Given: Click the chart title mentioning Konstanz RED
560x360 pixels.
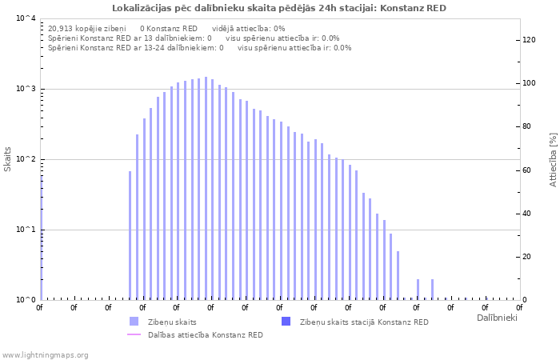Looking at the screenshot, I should tap(279, 8).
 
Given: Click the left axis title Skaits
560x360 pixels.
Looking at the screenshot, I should tap(8, 159).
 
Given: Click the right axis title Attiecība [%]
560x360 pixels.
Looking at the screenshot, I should tap(553, 159).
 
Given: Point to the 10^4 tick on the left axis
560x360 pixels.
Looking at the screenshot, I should tap(26, 18).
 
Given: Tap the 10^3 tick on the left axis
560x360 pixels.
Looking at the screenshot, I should tap(26, 89).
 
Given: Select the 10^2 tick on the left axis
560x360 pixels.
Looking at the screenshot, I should tap(26, 159).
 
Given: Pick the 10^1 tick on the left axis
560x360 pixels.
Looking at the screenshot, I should tap(26, 230).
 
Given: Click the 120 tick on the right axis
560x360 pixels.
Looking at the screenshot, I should tap(530, 40).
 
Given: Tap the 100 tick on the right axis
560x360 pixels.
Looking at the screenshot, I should tap(530, 83).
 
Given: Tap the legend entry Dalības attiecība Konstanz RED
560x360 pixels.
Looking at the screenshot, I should tap(205, 334).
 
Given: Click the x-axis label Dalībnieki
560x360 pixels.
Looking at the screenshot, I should tap(497, 318).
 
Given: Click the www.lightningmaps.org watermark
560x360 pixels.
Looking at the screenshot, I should tap(45, 354).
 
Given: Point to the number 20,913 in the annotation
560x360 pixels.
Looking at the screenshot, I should tap(62, 28).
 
